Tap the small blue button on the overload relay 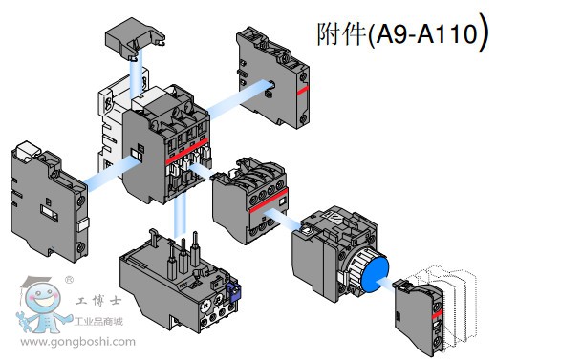point(233,292)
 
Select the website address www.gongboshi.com point(78,342)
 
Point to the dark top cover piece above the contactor point(134,38)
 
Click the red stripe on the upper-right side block point(302,91)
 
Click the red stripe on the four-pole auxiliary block point(269,201)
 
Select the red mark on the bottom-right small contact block point(437,315)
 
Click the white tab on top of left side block point(27,149)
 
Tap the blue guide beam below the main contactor point(180,218)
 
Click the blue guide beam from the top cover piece point(136,75)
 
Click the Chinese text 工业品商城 point(98,322)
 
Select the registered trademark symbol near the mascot point(69,280)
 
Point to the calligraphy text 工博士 point(98,301)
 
